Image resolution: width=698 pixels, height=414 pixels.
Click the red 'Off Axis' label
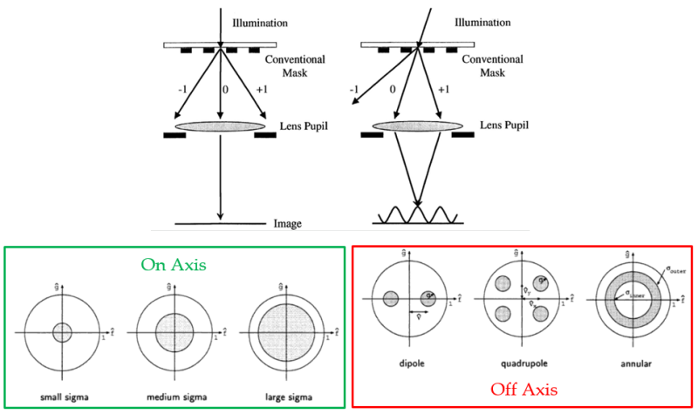pos(523,389)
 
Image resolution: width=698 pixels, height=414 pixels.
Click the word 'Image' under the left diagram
pos(286,224)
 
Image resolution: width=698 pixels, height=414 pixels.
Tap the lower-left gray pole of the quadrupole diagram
pos(503,316)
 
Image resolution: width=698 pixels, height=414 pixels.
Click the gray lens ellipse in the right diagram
pos(415,128)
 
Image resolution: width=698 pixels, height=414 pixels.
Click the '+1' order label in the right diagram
pos(444,88)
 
